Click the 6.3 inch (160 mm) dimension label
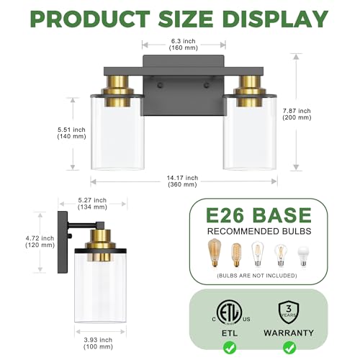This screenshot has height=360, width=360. pyautogui.click(x=184, y=45)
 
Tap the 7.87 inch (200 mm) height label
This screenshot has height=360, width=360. pyautogui.click(x=297, y=114)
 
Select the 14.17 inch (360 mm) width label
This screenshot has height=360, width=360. pyautogui.click(x=182, y=181)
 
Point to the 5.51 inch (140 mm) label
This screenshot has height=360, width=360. pyautogui.click(x=71, y=133)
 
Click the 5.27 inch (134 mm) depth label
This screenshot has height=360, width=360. pyautogui.click(x=92, y=204)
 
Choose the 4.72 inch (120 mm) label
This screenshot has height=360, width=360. pyautogui.click(x=40, y=242)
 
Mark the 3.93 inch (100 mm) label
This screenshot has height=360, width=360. pyautogui.click(x=98, y=343)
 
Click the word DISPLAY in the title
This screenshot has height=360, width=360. pyautogui.click(x=275, y=19)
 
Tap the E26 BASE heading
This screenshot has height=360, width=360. pyautogui.click(x=258, y=215)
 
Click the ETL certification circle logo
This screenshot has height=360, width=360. pyautogui.click(x=229, y=312)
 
